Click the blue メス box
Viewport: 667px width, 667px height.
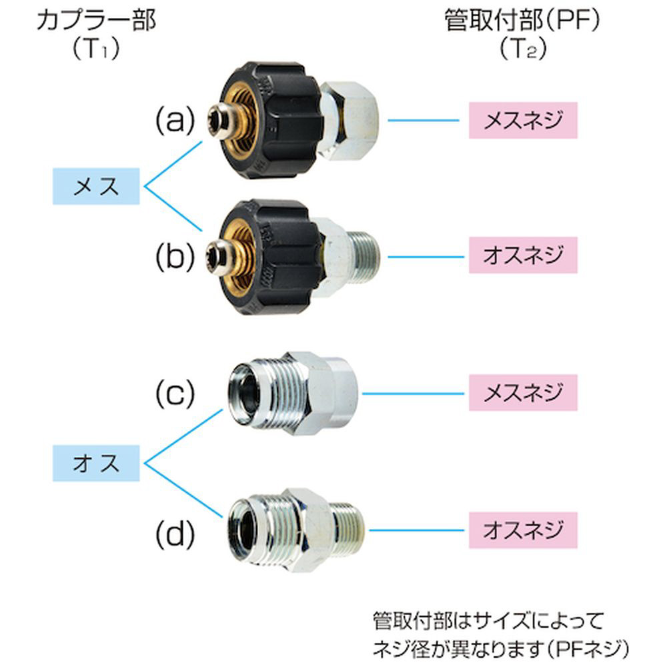click(97, 186)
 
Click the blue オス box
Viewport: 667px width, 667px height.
click(97, 461)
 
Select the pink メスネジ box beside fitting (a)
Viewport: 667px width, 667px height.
click(522, 121)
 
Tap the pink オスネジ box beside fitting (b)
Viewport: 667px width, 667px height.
click(522, 256)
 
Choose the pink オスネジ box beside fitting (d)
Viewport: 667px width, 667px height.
click(522, 530)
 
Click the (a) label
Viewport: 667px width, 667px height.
click(175, 121)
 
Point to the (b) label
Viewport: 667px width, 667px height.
click(175, 256)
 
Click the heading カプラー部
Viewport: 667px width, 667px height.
click(97, 21)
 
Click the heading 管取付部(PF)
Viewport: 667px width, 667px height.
click(522, 21)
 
